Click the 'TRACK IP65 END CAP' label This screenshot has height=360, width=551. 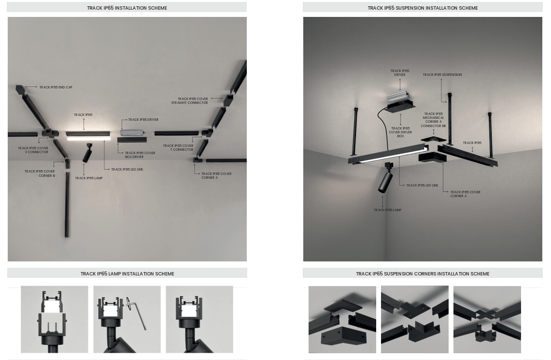(x=56, y=87)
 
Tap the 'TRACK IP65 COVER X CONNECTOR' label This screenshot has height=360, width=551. (x=33, y=150)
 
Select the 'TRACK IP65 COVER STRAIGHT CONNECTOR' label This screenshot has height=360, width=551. (x=189, y=101)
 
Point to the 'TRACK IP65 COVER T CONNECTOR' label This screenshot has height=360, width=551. (x=178, y=148)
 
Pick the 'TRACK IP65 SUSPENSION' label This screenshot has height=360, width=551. (x=442, y=74)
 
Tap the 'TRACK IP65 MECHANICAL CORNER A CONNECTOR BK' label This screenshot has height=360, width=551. (x=433, y=120)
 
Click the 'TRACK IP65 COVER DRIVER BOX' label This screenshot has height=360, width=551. (x=400, y=132)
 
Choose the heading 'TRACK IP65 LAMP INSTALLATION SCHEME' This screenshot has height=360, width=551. (x=127, y=274)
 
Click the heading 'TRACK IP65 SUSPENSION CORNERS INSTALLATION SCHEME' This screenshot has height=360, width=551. (x=423, y=274)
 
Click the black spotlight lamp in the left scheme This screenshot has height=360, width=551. (x=87, y=153)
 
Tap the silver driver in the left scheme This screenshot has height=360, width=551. (x=132, y=133)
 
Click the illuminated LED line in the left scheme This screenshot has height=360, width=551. (x=88, y=139)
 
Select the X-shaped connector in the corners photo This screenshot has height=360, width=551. (x=486, y=314)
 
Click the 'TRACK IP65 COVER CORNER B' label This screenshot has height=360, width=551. (x=40, y=173)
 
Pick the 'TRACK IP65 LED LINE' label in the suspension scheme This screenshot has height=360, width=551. (x=422, y=185)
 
